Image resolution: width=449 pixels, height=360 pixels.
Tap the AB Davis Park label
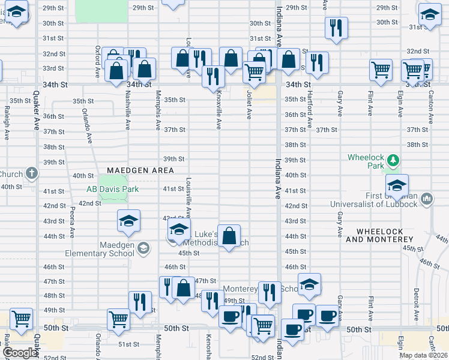coord(112,190)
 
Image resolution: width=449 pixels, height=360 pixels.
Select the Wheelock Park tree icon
coord(393,160)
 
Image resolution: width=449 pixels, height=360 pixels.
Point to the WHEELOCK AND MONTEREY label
coord(385,235)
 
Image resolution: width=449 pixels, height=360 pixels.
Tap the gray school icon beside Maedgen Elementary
coord(143,248)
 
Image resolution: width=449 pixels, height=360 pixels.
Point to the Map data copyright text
coord(423,355)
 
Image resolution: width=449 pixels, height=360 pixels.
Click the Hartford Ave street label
coord(310,110)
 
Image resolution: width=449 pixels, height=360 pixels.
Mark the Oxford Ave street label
coord(97,64)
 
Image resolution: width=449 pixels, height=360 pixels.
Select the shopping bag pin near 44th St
coord(229,235)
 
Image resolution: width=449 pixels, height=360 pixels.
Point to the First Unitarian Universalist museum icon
coord(427,197)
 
